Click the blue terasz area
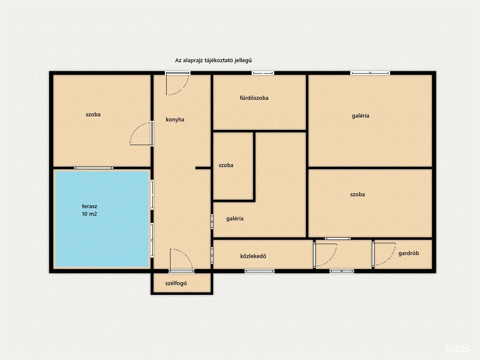(x=102, y=219)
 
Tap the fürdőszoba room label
(x=254, y=98)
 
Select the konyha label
(x=175, y=120)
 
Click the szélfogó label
(x=176, y=283)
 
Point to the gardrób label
(x=409, y=253)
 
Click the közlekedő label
(x=253, y=256)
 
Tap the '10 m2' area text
(x=90, y=214)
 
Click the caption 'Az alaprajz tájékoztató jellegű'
(x=213, y=60)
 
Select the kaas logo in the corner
(x=458, y=349)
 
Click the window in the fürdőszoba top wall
(x=263, y=73)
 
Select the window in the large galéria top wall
(x=370, y=73)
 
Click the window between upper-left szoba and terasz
(x=94, y=168)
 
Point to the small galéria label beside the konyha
(x=235, y=218)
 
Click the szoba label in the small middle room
(x=226, y=165)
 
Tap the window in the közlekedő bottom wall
(x=260, y=271)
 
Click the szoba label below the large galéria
(x=358, y=195)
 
